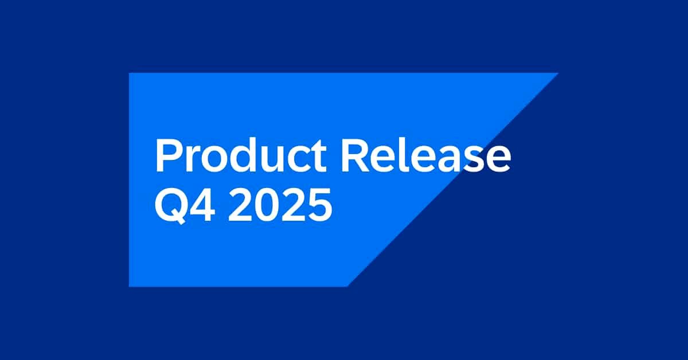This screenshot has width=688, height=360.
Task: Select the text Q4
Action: coord(186,205)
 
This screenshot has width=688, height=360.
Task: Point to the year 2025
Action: coord(281,205)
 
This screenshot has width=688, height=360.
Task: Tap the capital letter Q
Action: coord(171,205)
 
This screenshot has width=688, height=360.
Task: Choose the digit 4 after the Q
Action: coord(203,205)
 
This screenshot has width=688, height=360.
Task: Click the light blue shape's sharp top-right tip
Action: coord(558,73)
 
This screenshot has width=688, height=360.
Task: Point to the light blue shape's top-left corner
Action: coord(130,73)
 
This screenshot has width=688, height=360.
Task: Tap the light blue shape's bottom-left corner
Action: coord(130,285)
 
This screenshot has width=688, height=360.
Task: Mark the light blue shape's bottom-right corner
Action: coord(347,285)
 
